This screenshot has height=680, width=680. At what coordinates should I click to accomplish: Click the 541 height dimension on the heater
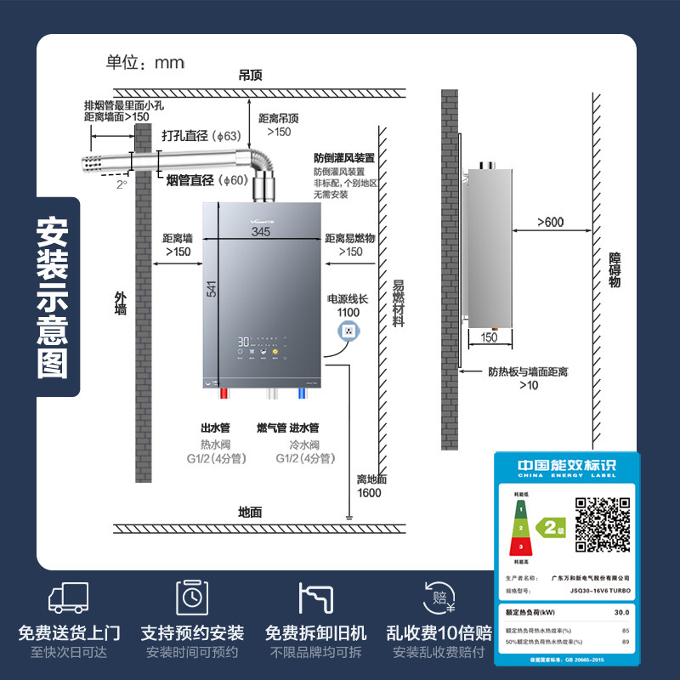[x=211, y=289]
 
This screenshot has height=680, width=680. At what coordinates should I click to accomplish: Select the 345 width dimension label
[x=262, y=230]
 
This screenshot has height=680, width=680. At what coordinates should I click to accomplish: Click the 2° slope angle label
[x=122, y=184]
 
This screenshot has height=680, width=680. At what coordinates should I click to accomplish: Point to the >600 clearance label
[x=550, y=223]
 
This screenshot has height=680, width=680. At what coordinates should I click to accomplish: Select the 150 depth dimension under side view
[x=490, y=337]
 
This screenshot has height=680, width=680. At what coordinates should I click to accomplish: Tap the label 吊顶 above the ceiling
[x=251, y=76]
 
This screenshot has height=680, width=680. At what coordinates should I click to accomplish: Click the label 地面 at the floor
[x=250, y=513]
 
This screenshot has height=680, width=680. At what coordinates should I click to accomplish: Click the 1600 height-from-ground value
[x=369, y=493]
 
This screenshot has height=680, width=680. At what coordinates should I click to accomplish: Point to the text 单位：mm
[x=145, y=63]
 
